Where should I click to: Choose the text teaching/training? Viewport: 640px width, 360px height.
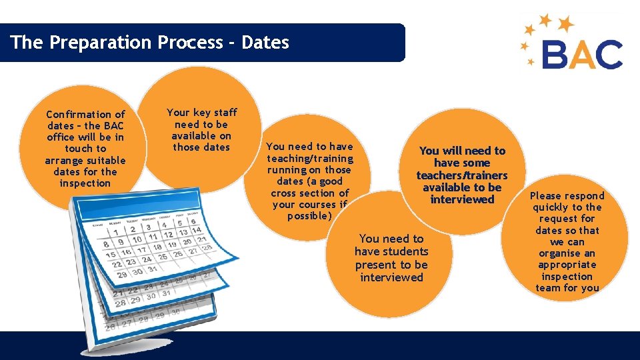(310, 159)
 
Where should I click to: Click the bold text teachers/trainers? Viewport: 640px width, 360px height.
(462, 175)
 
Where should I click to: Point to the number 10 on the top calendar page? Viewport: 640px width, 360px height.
(137, 240)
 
